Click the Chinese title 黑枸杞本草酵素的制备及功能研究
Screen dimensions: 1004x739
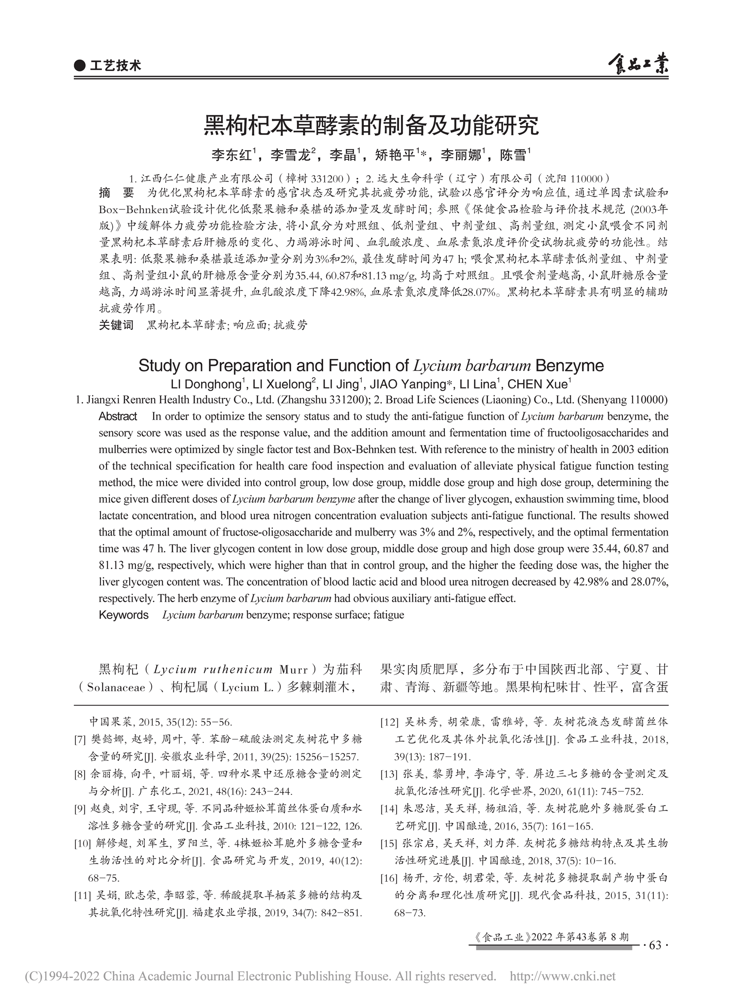pyautogui.click(x=371, y=126)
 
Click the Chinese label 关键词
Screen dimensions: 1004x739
pyautogui.click(x=117, y=325)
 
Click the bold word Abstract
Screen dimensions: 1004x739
pyautogui.click(x=118, y=416)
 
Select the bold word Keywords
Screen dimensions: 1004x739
pyautogui.click(x=124, y=615)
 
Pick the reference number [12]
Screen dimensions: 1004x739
pyautogui.click(x=389, y=722)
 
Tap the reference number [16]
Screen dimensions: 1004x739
pyautogui.click(x=389, y=878)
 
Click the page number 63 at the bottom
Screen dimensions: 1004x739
pyautogui.click(x=656, y=945)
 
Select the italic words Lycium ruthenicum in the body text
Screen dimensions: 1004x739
pyautogui.click(x=213, y=670)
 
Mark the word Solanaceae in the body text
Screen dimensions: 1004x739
pyautogui.click(x=116, y=687)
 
